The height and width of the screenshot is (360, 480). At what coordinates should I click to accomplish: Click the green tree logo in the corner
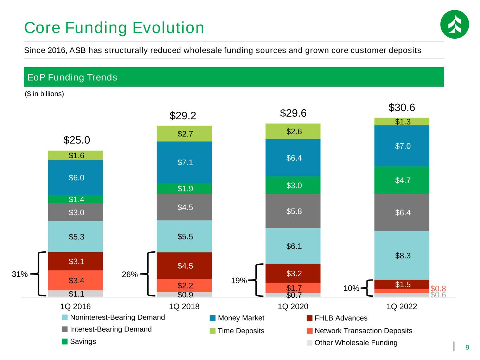tap(454, 24)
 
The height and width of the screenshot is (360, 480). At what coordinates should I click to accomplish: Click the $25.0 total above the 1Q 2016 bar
tap(77, 140)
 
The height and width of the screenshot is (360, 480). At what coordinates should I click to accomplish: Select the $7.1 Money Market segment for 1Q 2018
tap(185, 162)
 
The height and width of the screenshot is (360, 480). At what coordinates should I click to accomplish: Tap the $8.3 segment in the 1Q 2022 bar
tap(403, 256)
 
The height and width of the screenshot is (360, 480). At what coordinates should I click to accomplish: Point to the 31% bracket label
tap(20, 274)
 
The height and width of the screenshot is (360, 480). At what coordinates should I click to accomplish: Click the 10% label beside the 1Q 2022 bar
tap(351, 288)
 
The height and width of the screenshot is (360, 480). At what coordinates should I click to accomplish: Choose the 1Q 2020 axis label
tap(293, 307)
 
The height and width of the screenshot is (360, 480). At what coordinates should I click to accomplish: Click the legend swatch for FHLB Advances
tap(309, 318)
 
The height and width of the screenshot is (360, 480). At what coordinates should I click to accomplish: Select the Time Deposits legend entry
tap(241, 331)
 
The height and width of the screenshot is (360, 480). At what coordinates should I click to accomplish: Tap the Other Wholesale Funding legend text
tap(356, 343)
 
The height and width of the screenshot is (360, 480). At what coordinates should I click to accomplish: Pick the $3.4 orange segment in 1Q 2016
tap(76, 281)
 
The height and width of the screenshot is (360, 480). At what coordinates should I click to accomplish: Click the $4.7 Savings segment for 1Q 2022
tap(403, 180)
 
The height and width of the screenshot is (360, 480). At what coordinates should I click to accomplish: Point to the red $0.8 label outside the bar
tap(438, 288)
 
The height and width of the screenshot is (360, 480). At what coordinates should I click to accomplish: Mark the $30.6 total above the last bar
tap(402, 108)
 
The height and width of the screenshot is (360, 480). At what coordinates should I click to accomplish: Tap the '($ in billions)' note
tap(44, 94)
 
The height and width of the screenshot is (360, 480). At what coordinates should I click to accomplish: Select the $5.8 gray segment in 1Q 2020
tap(294, 211)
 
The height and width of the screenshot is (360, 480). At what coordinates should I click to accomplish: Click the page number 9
tap(467, 347)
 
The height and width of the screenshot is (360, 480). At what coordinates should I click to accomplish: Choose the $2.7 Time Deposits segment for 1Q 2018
tap(185, 134)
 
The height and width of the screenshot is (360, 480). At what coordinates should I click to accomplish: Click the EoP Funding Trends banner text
tap(72, 77)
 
